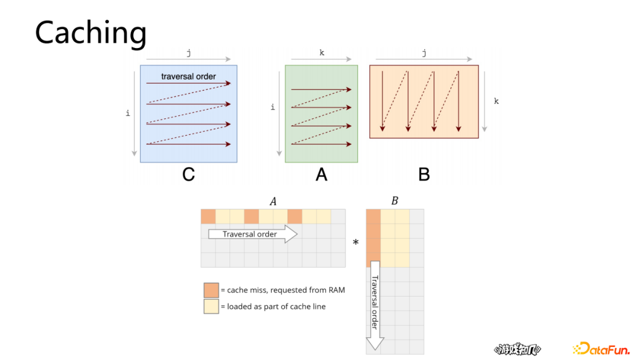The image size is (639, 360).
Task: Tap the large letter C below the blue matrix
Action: tap(189, 175)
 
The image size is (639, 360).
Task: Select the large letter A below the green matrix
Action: tap(321, 175)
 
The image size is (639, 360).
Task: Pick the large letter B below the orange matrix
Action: tap(424, 175)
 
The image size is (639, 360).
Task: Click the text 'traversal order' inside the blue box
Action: tap(189, 76)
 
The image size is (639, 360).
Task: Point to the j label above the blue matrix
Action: tap(189, 53)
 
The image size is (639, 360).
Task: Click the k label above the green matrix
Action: tap(321, 53)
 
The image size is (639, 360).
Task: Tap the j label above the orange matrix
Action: tap(424, 53)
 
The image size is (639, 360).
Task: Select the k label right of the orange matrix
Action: tap(496, 101)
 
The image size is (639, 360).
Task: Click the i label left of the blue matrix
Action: tap(128, 113)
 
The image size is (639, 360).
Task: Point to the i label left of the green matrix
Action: tap(273, 107)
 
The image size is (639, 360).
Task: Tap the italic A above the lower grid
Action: tap(273, 201)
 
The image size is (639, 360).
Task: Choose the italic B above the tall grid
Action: tap(395, 201)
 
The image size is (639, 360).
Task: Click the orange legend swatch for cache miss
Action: tap(211, 290)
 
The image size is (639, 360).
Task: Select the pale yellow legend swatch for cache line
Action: tap(211, 306)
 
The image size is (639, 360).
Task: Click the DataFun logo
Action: tap(601, 349)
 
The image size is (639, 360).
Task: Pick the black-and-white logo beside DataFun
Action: tap(517, 350)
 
